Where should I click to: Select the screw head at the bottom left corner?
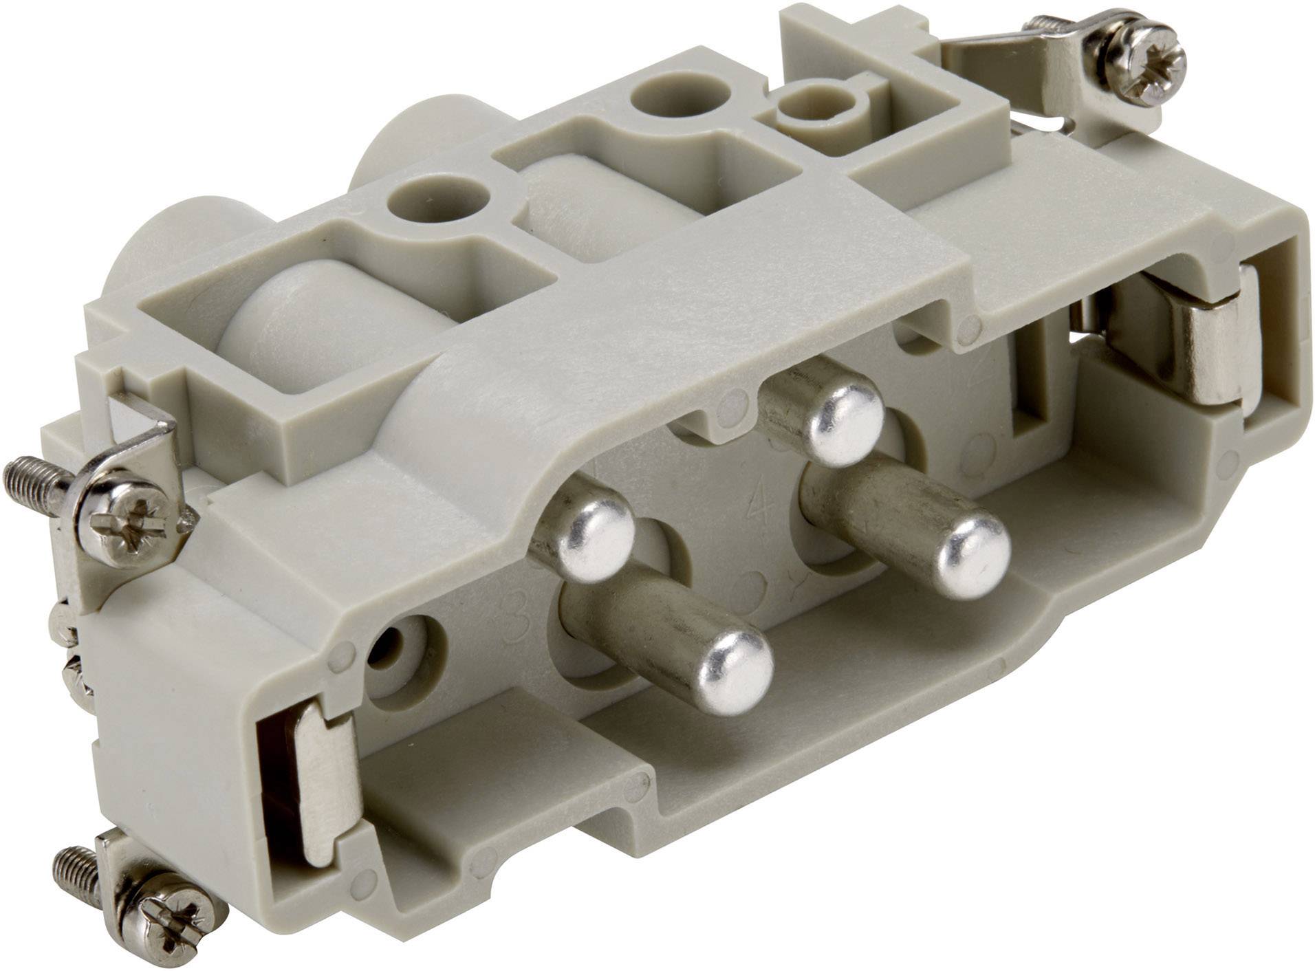pos(169,917)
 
